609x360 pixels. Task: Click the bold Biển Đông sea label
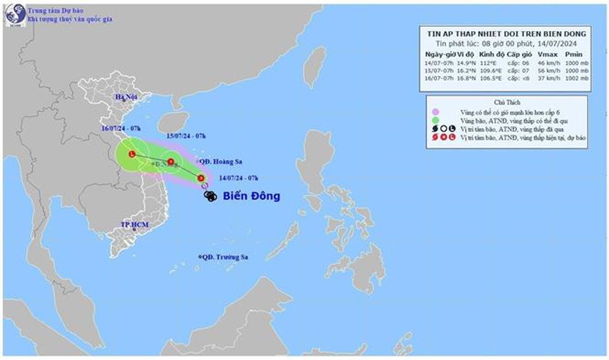(x=251, y=196)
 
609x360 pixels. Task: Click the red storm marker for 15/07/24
(x=171, y=162)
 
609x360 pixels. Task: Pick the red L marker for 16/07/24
(x=132, y=154)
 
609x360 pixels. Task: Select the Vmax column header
(x=547, y=54)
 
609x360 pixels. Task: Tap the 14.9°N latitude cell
(x=465, y=62)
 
